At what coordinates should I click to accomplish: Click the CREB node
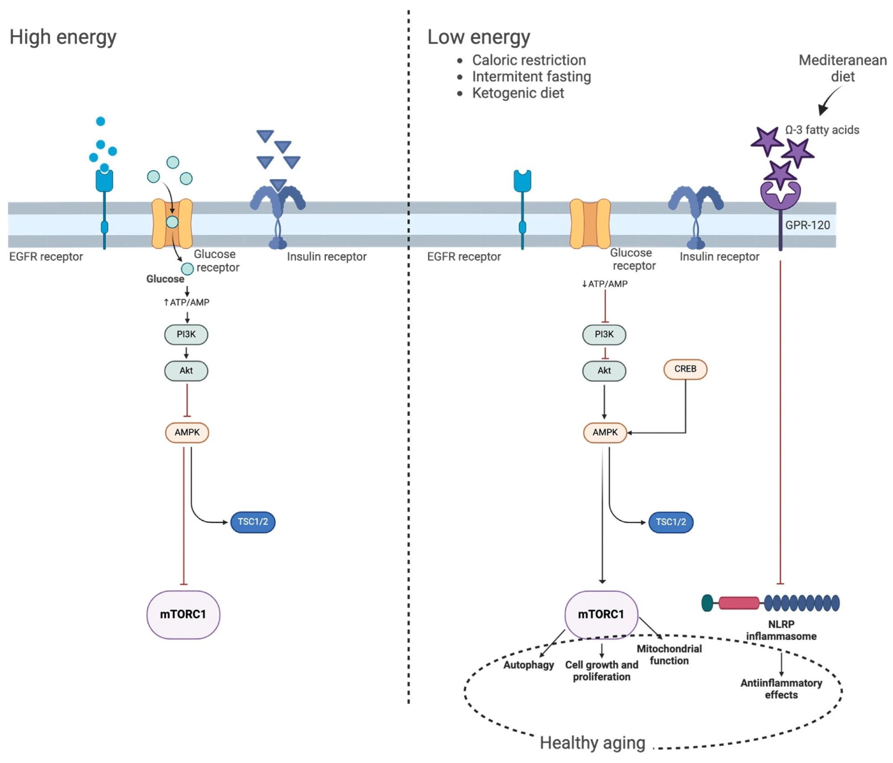(685, 369)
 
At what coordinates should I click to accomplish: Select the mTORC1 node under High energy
(183, 615)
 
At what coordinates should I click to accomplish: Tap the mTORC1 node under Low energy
(601, 615)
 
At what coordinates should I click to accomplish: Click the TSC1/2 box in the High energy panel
(253, 522)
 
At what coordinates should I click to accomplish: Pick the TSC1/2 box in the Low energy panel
(671, 522)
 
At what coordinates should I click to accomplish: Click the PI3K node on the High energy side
(186, 335)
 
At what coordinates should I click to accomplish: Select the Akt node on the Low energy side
(604, 371)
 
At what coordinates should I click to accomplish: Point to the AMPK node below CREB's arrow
(605, 432)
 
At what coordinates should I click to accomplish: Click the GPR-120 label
(807, 225)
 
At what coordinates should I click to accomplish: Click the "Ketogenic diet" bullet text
(518, 93)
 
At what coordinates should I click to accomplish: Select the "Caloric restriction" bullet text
(529, 60)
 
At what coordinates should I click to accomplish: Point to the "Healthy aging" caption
(592, 743)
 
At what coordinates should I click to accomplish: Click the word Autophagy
(529, 665)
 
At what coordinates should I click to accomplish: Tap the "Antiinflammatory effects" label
(781, 689)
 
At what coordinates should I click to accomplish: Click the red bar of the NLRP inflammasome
(739, 603)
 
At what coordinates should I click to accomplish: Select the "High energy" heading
(63, 37)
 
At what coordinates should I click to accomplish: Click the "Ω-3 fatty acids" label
(822, 130)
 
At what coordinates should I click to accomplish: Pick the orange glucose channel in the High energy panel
(172, 223)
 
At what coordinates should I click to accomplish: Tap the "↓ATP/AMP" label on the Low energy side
(605, 284)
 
